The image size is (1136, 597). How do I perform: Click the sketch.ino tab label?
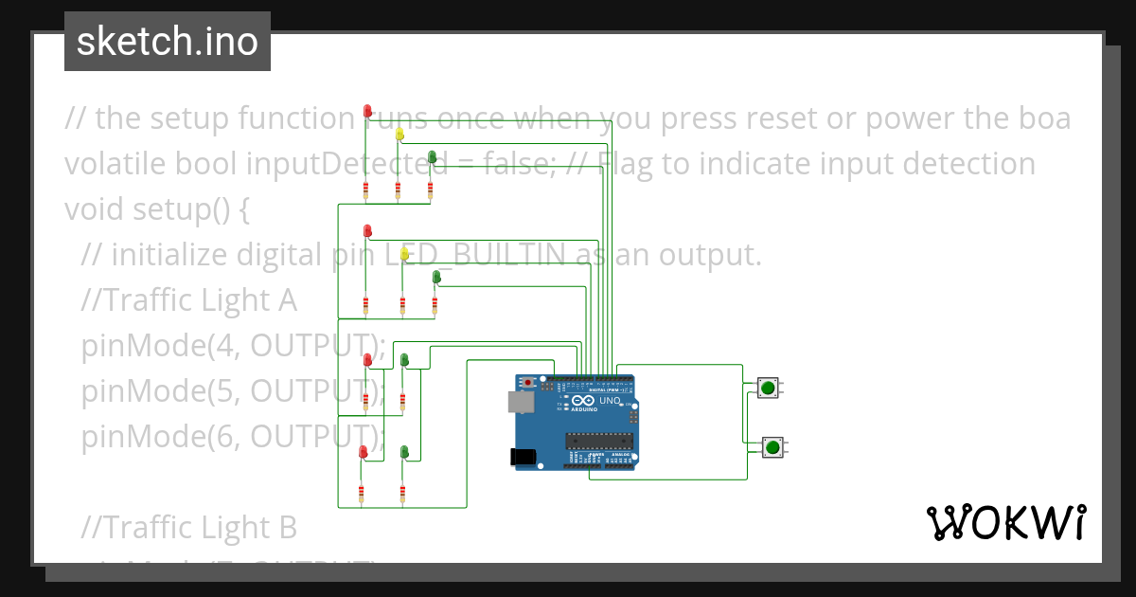click(167, 42)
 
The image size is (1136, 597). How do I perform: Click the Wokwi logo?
click(1005, 522)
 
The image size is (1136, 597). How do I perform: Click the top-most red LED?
click(367, 112)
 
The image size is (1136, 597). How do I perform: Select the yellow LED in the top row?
click(399, 135)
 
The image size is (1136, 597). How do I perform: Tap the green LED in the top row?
click(432, 156)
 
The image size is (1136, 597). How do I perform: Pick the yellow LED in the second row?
click(404, 254)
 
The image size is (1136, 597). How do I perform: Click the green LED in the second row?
click(436, 277)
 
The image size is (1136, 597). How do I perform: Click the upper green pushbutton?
click(768, 388)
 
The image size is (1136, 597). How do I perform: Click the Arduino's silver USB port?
click(521, 402)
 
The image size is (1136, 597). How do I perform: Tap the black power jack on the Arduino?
click(522, 457)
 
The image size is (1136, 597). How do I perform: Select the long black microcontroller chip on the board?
click(598, 439)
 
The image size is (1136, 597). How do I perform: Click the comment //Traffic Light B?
click(189, 527)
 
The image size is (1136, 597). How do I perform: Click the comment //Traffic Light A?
click(189, 300)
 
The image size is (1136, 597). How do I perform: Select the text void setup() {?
click(156, 209)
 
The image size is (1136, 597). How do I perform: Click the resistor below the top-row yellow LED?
click(398, 192)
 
